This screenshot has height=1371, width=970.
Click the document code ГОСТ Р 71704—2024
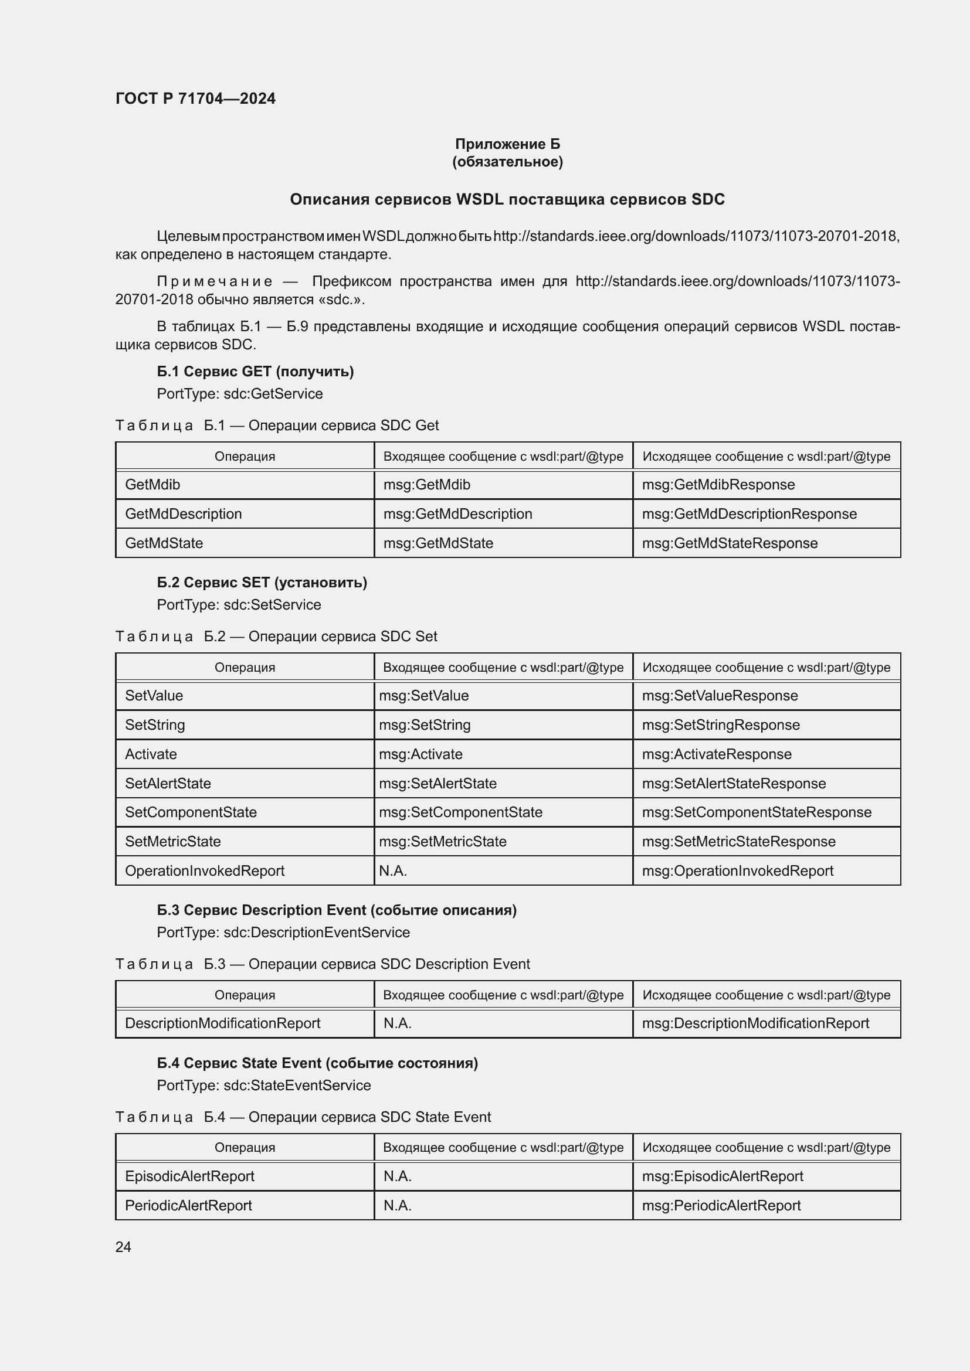coord(195,98)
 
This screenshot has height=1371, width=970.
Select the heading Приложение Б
coord(507,144)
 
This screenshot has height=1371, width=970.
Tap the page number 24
coord(123,1247)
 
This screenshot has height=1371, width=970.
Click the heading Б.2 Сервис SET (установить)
coord(262,582)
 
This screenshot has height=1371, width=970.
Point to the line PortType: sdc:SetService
coord(239,605)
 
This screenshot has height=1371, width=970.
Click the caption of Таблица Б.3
coord(323,964)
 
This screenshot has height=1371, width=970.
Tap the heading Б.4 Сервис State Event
coord(317,1063)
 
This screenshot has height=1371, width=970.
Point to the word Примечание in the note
coord(215,281)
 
